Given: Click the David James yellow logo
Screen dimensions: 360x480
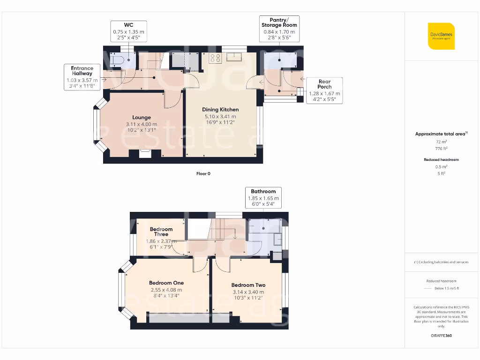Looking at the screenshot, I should [441, 36].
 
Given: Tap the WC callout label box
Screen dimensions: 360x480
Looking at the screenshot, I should [128, 32].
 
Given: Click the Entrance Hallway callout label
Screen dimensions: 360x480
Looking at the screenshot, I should [82, 77].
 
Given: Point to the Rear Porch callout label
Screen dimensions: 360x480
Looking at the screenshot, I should [324, 90].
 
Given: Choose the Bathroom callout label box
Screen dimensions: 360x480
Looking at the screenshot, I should [263, 198].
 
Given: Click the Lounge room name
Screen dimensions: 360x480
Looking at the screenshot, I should [141, 117].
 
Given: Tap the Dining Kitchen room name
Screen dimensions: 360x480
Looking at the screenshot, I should [220, 110].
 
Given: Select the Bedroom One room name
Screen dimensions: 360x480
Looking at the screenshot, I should [166, 283].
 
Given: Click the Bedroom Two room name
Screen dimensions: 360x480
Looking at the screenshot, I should [248, 285].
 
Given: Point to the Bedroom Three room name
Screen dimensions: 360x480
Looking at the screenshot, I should [161, 232].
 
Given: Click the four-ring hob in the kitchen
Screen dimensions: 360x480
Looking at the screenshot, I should [215, 58].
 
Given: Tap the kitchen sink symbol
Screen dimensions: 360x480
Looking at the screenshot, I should [233, 57].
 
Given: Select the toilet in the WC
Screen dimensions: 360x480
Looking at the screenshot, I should [117, 60].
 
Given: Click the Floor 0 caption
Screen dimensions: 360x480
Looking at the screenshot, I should [203, 173].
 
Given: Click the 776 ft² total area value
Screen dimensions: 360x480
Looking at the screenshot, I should [441, 148].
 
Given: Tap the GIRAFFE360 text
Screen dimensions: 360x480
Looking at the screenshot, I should [441, 336].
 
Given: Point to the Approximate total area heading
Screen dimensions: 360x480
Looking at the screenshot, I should [441, 134].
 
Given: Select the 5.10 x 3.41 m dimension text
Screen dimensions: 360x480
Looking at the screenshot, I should [220, 116].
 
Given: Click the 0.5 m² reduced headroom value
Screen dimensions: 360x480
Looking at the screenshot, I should [441, 166].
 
